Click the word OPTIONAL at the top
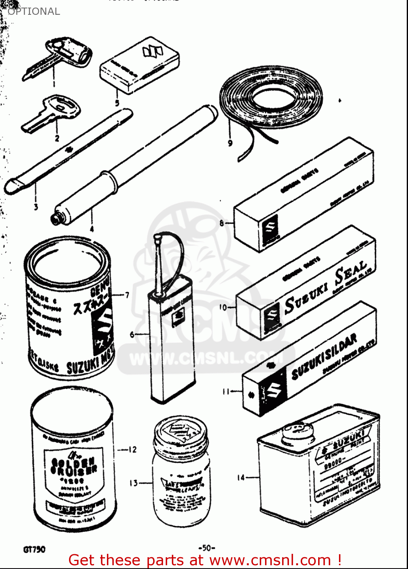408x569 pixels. coord(34,11)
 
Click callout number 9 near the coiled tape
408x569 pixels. coord(230,143)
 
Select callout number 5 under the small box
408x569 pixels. coord(117,103)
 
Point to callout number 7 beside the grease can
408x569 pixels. coord(127,295)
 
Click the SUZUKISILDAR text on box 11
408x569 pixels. coord(324,357)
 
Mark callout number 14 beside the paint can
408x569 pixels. coord(241,478)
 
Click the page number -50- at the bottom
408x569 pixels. coord(207,548)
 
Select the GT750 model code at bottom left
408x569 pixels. coord(34,549)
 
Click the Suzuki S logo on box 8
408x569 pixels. coord(270,227)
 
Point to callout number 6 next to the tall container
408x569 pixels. coord(132,334)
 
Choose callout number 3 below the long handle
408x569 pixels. coord(36,207)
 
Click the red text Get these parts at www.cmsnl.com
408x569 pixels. coord(205,560)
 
